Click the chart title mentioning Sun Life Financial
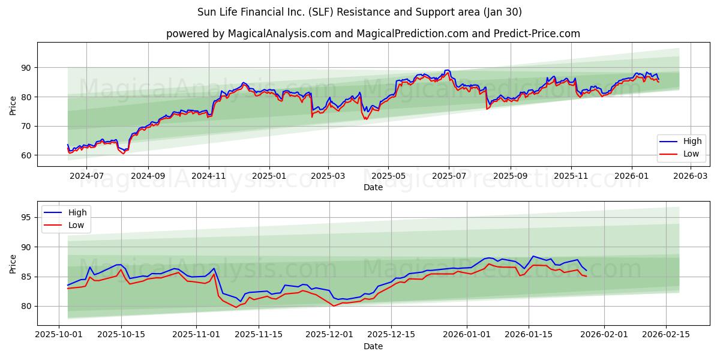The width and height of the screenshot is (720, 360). coord(359,12)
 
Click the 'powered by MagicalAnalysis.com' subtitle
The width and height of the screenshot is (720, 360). coord(373,34)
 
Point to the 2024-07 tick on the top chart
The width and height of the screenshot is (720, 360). coord(86,176)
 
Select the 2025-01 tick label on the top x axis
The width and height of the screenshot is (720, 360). coord(269,176)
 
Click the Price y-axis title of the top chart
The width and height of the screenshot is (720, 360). coord(13,104)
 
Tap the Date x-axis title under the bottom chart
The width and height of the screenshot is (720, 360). coord(373,347)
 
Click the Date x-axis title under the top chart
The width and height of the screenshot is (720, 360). coord(373,187)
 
